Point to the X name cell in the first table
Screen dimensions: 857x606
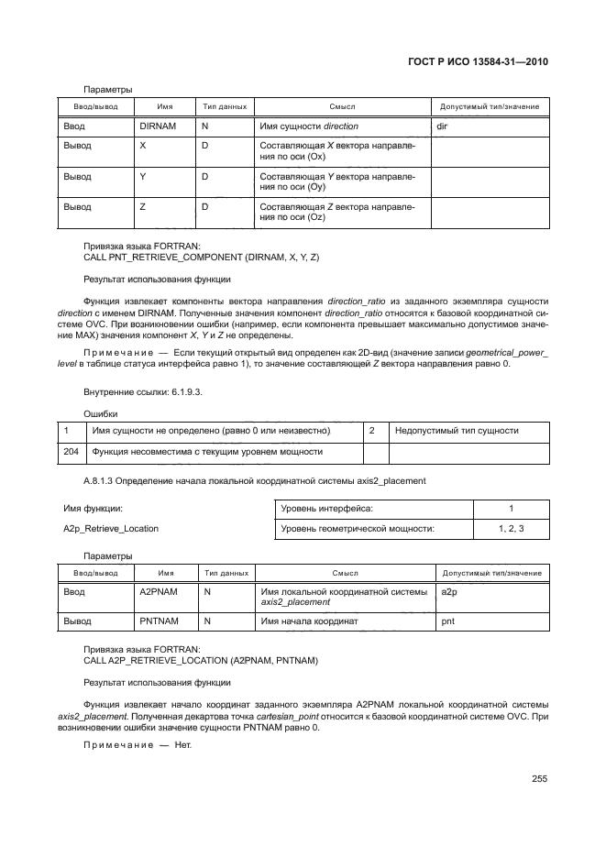point(142,146)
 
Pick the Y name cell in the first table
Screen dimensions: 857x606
point(142,176)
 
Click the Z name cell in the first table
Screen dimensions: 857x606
point(142,207)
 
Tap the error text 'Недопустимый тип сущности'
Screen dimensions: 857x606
point(456,430)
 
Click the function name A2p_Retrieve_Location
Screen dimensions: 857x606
point(110,528)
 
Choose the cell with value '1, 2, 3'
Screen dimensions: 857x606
point(512,528)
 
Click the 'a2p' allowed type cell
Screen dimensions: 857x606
point(450,592)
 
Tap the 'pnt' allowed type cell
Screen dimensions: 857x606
point(448,621)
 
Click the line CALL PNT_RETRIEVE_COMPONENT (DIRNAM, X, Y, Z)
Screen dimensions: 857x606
point(201,258)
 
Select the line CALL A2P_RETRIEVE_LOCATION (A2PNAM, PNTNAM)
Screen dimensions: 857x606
point(200,660)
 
